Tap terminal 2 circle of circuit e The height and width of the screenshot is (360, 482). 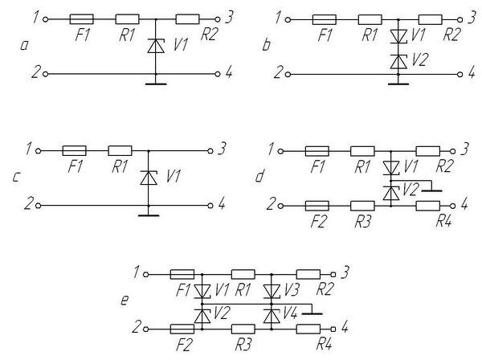[x=146, y=329]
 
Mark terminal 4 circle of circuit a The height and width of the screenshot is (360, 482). [x=219, y=73]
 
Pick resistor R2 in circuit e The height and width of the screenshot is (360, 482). [x=308, y=274]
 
